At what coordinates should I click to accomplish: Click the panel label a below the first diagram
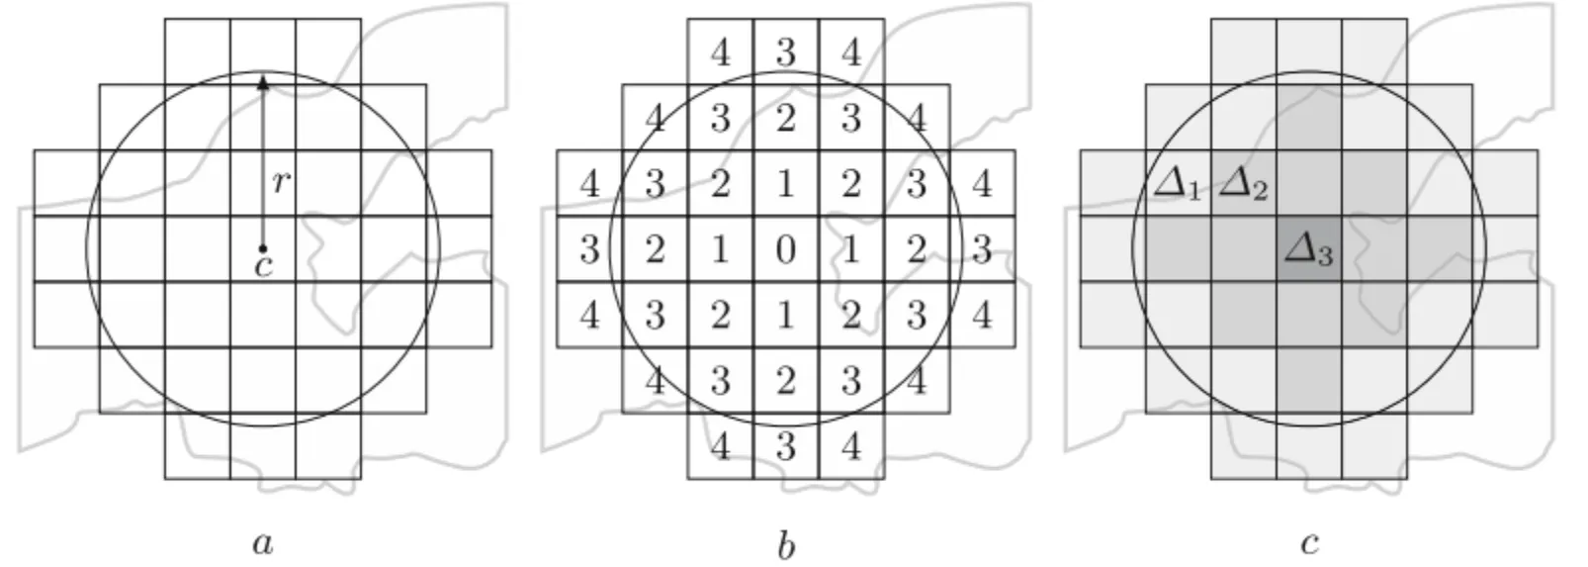(263, 543)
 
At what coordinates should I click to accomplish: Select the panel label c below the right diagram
(1309, 543)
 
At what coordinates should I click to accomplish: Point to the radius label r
(282, 181)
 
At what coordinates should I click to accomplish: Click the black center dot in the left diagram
(263, 248)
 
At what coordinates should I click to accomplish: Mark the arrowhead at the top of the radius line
(263, 82)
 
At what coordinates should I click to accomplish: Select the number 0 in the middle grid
(786, 249)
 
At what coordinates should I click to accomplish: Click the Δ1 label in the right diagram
(1178, 185)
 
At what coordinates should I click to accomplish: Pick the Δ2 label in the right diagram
(1243, 185)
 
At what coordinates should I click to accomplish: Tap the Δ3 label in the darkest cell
(1308, 250)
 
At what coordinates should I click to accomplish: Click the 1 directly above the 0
(786, 184)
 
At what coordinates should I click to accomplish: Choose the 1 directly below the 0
(786, 315)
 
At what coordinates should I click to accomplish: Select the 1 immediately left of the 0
(721, 249)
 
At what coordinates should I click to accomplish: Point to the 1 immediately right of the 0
(851, 249)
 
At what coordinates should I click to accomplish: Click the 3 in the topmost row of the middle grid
(786, 52)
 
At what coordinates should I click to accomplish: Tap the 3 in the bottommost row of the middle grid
(786, 446)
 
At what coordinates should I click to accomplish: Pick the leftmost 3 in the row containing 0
(590, 249)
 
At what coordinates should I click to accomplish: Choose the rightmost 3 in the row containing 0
(982, 249)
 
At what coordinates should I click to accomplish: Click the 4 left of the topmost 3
(721, 52)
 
